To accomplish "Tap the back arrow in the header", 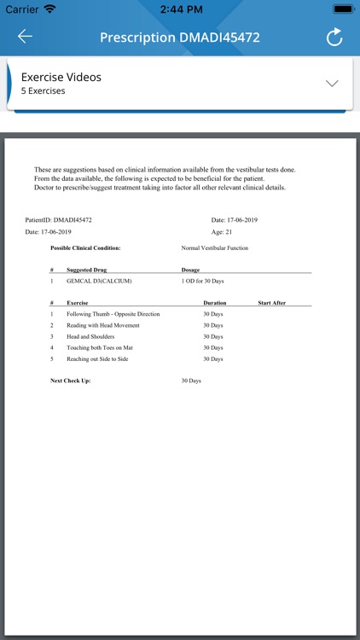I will click(x=25, y=37).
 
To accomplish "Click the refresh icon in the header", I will click(x=334, y=37).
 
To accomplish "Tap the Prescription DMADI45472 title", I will click(x=180, y=38).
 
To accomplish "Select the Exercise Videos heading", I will click(x=61, y=77).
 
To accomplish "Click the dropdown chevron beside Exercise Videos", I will click(x=333, y=84).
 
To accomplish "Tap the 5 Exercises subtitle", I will click(x=43, y=91).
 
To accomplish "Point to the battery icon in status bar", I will click(x=342, y=9).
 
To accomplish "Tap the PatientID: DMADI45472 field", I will click(x=59, y=220).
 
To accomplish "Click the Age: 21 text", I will click(x=222, y=232).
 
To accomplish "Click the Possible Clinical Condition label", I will click(x=85, y=248).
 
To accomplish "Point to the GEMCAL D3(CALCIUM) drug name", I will click(x=99, y=281).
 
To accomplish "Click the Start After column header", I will click(x=272, y=303).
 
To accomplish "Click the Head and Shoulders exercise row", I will click(x=91, y=336).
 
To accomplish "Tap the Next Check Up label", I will click(x=71, y=381).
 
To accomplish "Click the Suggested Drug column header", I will click(x=86, y=270).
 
